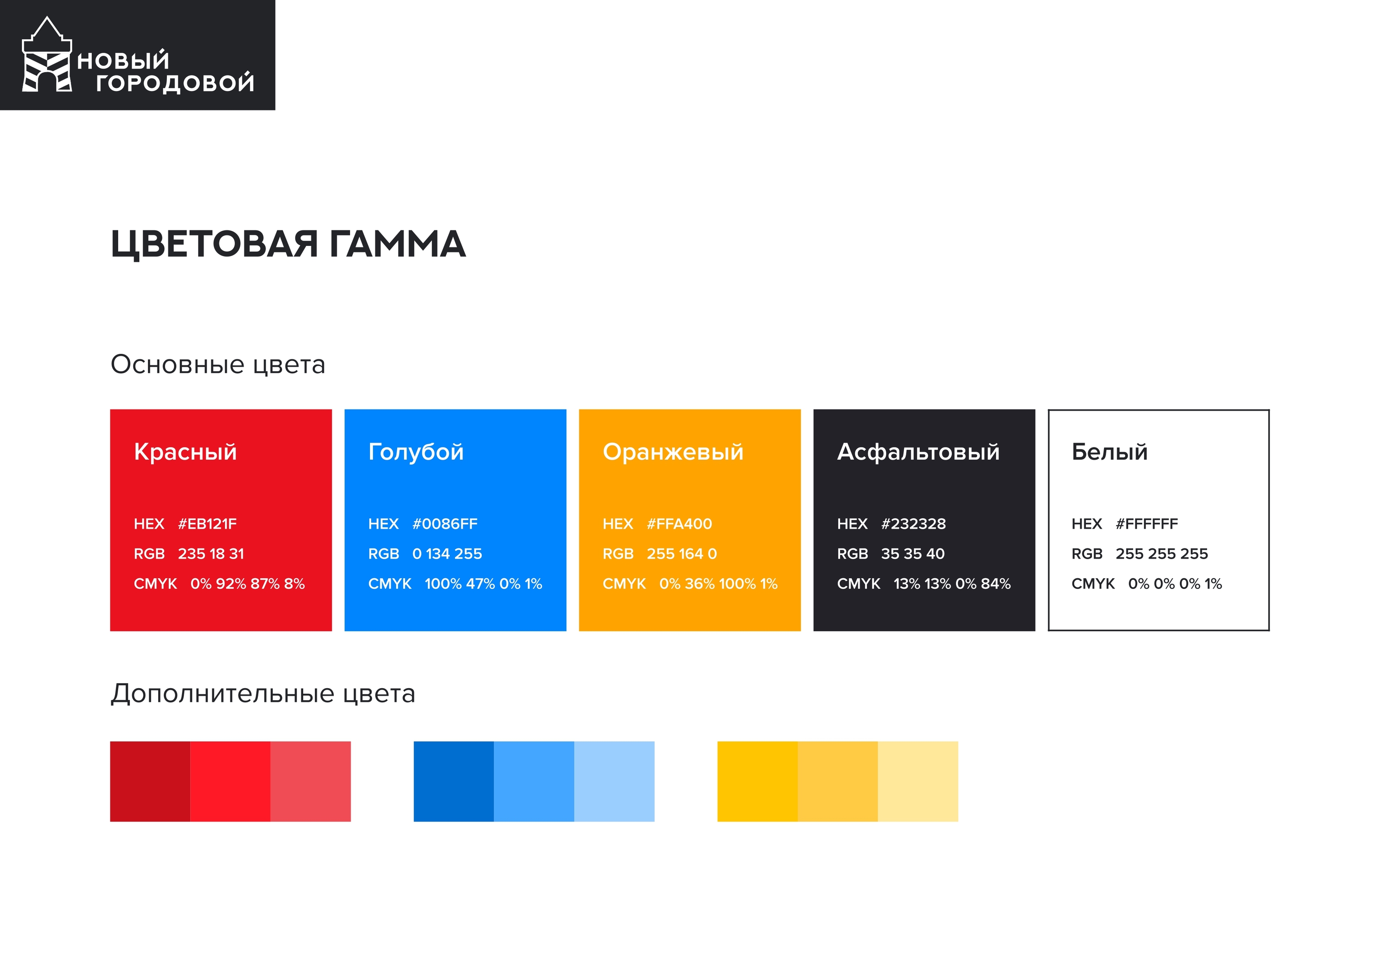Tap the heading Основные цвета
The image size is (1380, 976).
(218, 365)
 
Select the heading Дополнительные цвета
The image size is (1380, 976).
(263, 693)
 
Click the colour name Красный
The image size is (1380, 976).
(185, 452)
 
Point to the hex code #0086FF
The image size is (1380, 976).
(445, 524)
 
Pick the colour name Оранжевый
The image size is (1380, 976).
(673, 452)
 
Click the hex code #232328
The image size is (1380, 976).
(913, 524)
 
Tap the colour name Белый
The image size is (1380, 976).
(1110, 452)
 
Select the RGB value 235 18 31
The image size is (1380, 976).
(211, 554)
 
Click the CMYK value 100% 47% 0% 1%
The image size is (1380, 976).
(483, 584)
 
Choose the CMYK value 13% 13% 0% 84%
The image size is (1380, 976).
(952, 584)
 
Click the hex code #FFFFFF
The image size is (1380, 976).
(1147, 524)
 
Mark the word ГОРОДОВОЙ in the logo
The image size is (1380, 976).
(175, 82)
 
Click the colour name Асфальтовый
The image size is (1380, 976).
(919, 452)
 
